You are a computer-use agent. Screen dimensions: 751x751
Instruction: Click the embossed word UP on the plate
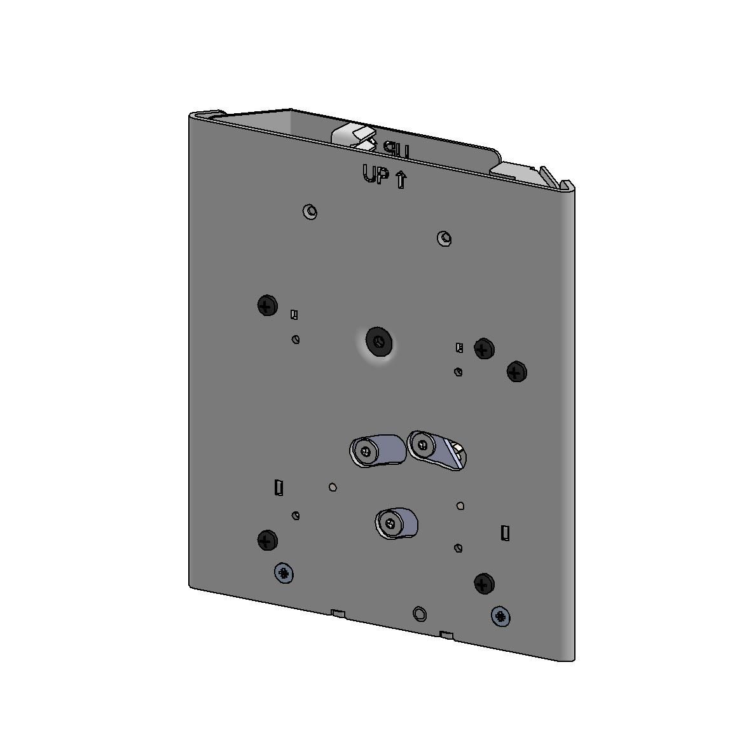[x=375, y=175]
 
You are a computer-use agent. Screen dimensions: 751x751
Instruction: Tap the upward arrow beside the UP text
[x=401, y=180]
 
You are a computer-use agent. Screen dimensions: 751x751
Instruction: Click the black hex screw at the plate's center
[x=379, y=343]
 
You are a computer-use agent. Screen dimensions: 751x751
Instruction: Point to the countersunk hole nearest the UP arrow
[x=444, y=239]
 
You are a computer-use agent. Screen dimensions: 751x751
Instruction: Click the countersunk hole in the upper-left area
[x=310, y=211]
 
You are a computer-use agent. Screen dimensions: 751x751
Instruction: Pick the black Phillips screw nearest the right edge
[x=516, y=371]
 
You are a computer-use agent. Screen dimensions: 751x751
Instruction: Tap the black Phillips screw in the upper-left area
[x=267, y=306]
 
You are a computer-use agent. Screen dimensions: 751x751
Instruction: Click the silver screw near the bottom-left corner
[x=284, y=574]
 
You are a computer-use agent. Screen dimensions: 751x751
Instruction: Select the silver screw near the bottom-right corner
[x=502, y=616]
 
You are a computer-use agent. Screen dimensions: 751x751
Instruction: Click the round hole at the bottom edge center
[x=420, y=614]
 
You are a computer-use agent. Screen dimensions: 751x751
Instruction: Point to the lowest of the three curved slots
[x=397, y=523]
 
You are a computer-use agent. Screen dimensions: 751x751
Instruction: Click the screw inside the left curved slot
[x=364, y=451]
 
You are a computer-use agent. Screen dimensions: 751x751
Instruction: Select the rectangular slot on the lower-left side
[x=278, y=488]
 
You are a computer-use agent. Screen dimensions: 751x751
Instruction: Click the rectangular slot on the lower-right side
[x=505, y=533]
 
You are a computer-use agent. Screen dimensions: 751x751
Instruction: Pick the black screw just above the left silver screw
[x=267, y=541]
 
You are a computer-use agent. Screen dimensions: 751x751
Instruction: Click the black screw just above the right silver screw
[x=484, y=583]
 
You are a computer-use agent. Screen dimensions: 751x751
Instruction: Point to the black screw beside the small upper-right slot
[x=484, y=348]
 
